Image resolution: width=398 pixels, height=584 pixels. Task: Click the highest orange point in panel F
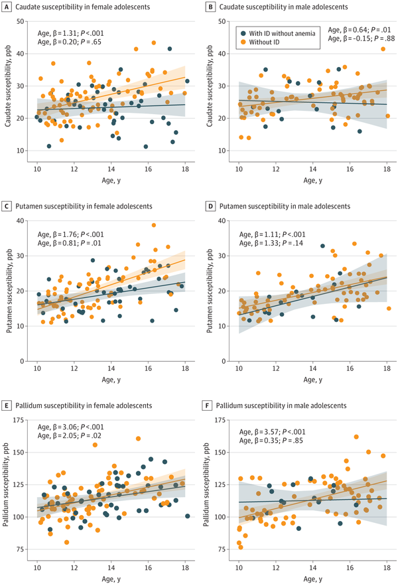(x=356, y=437)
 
